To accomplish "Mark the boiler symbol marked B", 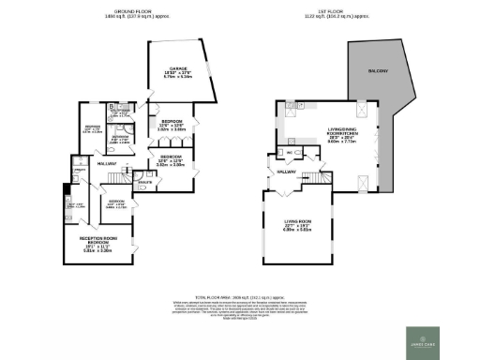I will tap(111, 107).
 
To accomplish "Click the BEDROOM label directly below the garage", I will tap(172, 122).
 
